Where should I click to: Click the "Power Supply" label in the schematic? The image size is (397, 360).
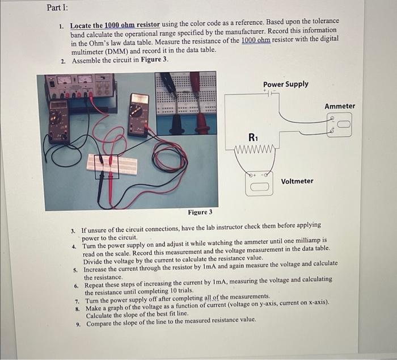pyautogui.click(x=285, y=84)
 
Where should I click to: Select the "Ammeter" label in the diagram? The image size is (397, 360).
pyautogui.click(x=339, y=106)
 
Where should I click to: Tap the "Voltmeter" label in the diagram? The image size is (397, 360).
pyautogui.click(x=297, y=181)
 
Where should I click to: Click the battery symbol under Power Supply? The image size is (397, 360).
pyautogui.click(x=272, y=92)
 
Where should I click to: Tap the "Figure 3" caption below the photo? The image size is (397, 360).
pyautogui.click(x=200, y=212)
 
